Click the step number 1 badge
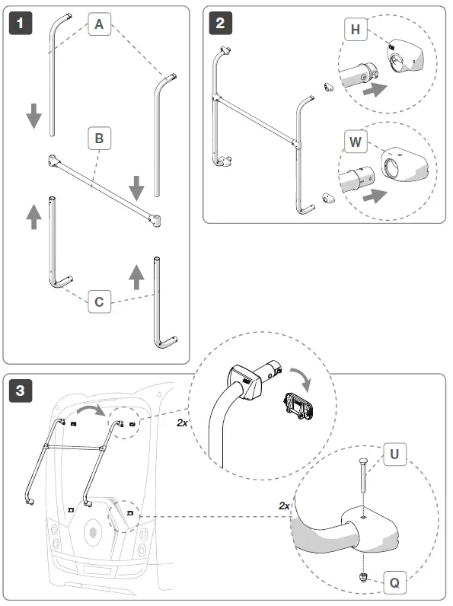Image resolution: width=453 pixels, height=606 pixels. [21, 23]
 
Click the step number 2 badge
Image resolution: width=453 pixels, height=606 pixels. [220, 23]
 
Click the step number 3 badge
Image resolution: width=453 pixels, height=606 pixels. [21, 391]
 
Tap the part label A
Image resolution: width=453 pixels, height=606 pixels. [99, 24]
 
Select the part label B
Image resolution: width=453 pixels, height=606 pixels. [99, 138]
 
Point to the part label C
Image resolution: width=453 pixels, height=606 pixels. [99, 301]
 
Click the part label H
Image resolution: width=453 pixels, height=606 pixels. [356, 30]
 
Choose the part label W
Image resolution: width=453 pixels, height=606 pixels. [356, 142]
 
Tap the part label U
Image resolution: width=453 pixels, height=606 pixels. [394, 454]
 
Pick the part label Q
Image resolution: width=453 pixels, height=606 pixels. [394, 582]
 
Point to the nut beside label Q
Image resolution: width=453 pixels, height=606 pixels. [363, 577]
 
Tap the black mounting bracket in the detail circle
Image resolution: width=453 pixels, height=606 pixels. [298, 406]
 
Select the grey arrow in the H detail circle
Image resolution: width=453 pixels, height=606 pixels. [375, 90]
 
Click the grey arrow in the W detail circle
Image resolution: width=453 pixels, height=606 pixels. [375, 196]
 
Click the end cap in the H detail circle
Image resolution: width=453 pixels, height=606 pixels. [405, 56]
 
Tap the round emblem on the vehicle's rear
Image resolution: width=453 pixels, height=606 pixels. [93, 533]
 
